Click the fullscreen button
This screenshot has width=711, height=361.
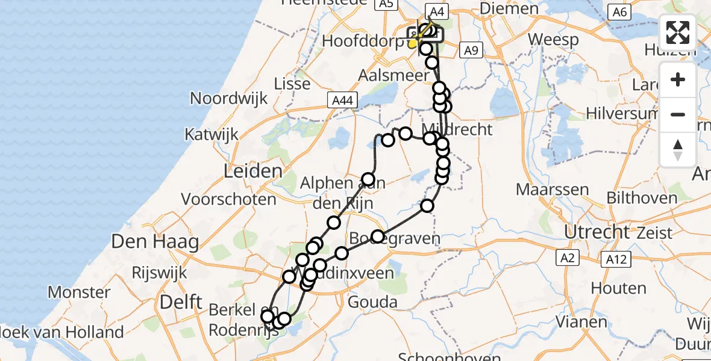[x=678, y=32]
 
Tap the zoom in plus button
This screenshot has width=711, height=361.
[x=678, y=80]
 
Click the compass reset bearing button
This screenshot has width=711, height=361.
[x=678, y=149]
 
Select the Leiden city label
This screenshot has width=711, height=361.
[x=253, y=171]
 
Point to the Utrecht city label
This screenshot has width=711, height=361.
[x=596, y=231]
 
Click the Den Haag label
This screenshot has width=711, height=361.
[x=155, y=242]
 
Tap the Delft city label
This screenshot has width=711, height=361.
[x=181, y=301]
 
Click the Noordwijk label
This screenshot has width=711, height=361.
[x=229, y=98]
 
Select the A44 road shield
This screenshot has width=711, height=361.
[x=341, y=100]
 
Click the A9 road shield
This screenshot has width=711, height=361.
[x=471, y=51]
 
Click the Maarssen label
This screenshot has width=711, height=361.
[x=552, y=190]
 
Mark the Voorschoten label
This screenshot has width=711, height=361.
[x=228, y=199]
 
